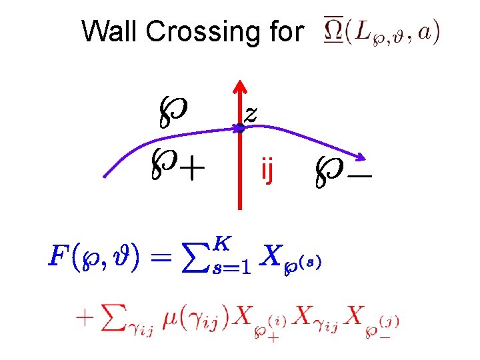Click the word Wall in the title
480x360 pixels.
pos(105,31)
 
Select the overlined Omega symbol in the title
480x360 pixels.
pos(333,31)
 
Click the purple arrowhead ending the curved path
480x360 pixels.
pos(361,158)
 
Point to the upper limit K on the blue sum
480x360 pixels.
pos(223,244)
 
